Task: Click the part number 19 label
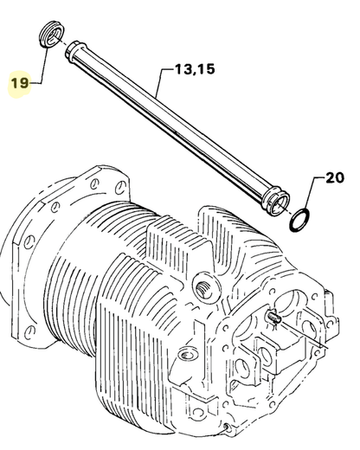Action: click(x=19, y=83)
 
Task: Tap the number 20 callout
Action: click(x=333, y=180)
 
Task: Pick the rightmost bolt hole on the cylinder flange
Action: click(x=113, y=185)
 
